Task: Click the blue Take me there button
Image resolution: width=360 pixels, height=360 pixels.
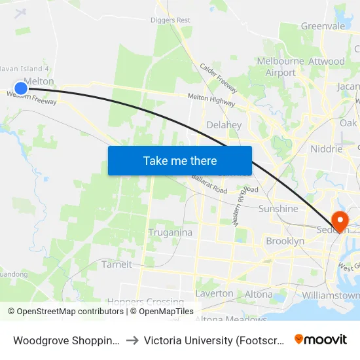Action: tap(180, 161)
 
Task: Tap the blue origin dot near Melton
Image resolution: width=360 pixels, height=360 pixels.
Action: tap(21, 88)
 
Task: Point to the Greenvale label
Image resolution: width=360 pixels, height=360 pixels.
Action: tap(323, 26)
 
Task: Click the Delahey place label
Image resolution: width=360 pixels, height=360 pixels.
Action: tap(224, 125)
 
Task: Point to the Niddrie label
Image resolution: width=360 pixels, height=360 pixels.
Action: tap(326, 149)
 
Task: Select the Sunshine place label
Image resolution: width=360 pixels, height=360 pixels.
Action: tap(278, 209)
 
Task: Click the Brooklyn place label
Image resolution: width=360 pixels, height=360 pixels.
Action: tap(285, 242)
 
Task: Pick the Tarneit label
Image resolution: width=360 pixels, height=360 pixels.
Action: tap(117, 264)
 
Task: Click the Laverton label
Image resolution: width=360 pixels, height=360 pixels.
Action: tap(214, 293)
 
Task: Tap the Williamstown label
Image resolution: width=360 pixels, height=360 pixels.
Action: tap(331, 296)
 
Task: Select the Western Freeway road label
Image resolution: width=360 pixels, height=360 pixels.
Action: tap(31, 98)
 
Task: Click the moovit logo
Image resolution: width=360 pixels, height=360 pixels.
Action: tap(321, 339)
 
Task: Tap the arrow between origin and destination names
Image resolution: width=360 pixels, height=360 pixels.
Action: tap(132, 340)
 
